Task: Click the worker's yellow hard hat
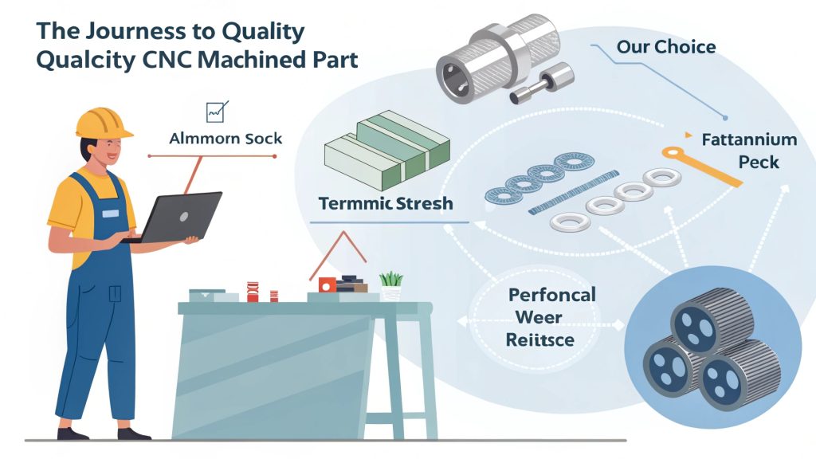tap(104, 121)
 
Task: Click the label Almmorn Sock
tap(226, 139)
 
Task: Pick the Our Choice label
tap(665, 46)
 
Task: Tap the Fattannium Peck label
tap(747, 151)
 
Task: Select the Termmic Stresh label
tap(385, 203)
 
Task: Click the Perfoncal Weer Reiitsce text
tap(539, 317)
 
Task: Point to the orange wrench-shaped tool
tap(700, 164)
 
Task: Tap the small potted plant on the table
tap(390, 284)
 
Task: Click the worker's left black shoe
tap(73, 433)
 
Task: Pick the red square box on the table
tap(327, 284)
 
